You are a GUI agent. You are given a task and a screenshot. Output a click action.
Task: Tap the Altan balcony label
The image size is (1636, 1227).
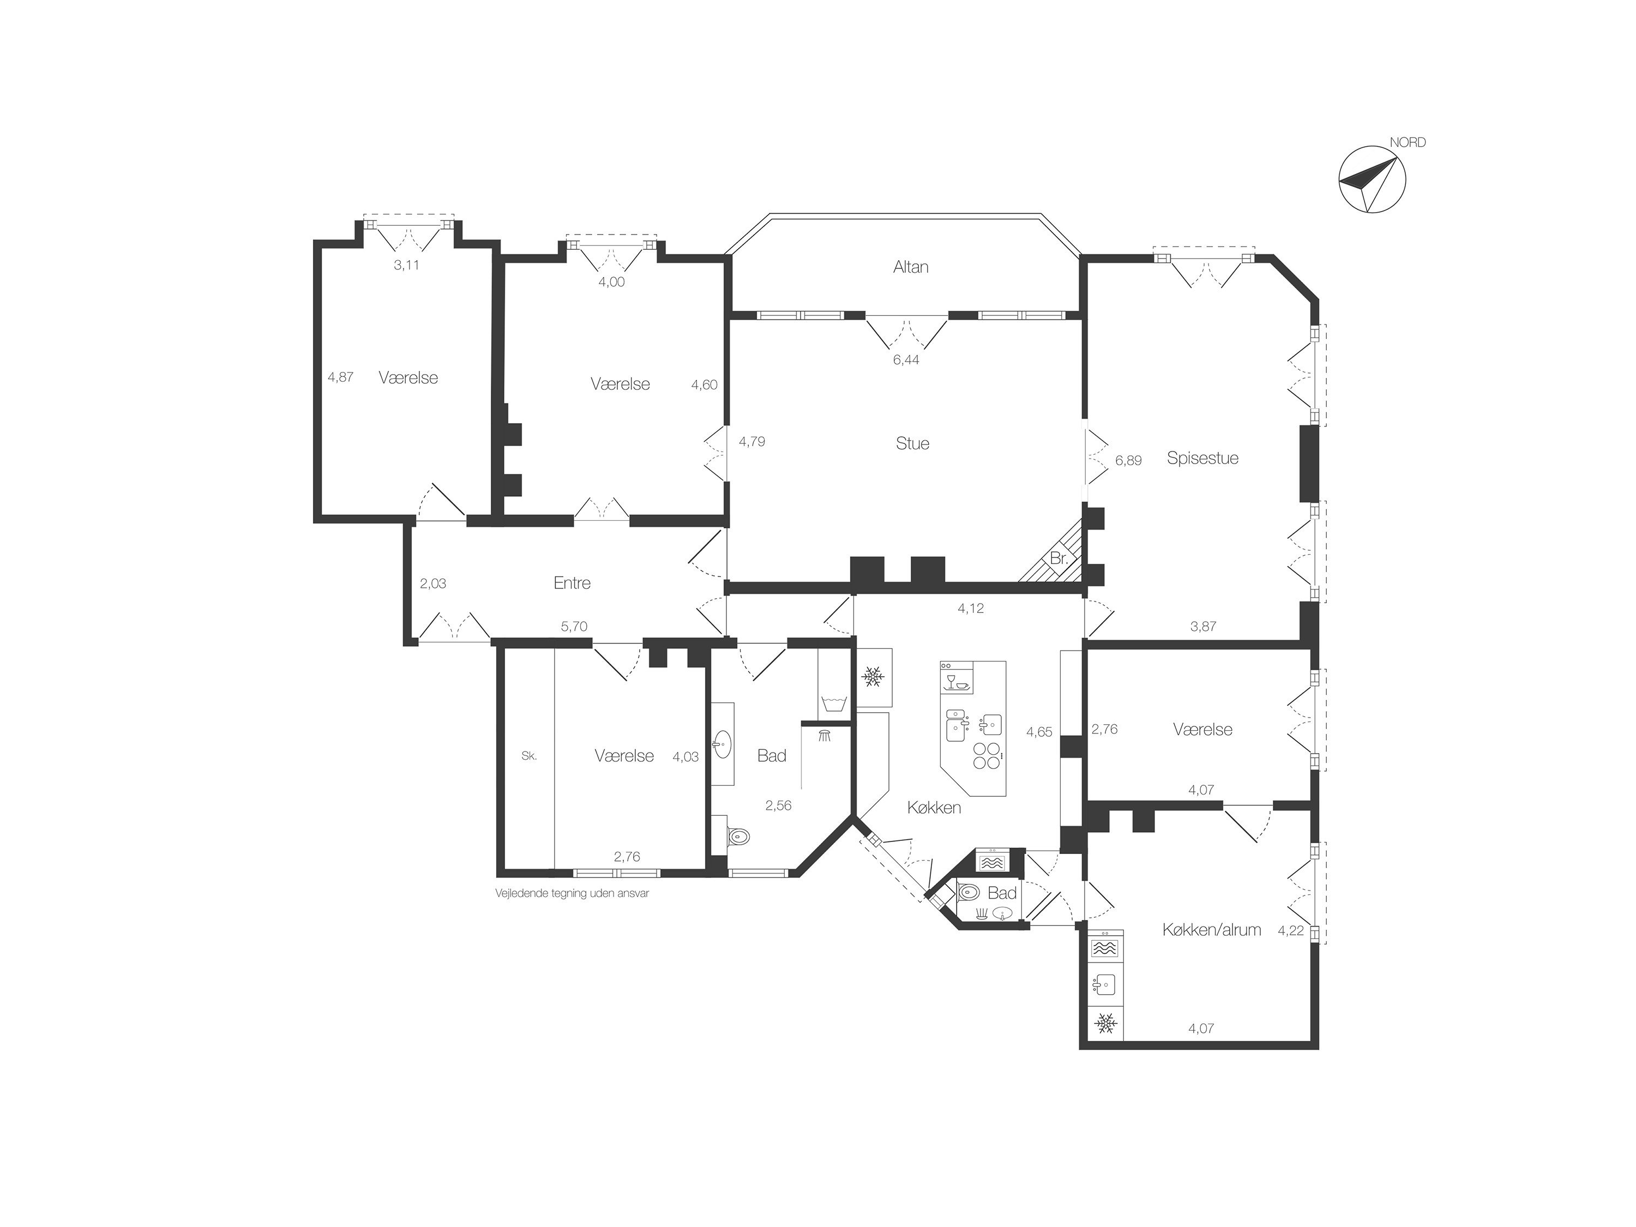pyautogui.click(x=911, y=267)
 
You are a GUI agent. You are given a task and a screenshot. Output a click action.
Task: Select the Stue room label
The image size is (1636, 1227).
pyautogui.click(x=912, y=443)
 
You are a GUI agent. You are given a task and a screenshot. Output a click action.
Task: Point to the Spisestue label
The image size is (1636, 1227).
pyautogui.click(x=1202, y=458)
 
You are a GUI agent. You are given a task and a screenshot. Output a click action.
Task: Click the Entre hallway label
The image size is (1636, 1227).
pyautogui.click(x=572, y=583)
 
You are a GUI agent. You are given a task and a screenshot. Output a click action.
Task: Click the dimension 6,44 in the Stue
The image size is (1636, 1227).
pyautogui.click(x=906, y=360)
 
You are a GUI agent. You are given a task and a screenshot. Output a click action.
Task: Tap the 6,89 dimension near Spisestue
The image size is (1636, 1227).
pyautogui.click(x=1128, y=460)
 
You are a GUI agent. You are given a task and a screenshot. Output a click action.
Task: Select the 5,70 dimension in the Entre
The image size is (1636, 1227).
pyautogui.click(x=574, y=627)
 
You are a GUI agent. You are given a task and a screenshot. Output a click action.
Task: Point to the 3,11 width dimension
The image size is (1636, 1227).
pyautogui.click(x=407, y=265)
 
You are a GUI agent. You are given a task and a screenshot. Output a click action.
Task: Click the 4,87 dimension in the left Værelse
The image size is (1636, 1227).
pyautogui.click(x=340, y=376)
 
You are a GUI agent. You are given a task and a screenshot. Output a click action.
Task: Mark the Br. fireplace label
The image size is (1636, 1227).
pyautogui.click(x=1059, y=559)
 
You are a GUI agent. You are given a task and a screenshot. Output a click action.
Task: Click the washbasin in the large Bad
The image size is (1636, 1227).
pyautogui.click(x=723, y=743)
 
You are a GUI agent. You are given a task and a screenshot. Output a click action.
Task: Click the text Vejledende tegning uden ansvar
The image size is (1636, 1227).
pyautogui.click(x=572, y=893)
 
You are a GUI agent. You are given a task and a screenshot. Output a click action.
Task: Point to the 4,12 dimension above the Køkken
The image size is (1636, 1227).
pyautogui.click(x=970, y=608)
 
